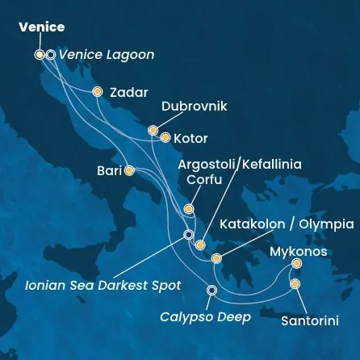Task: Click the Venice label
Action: coord(41,27)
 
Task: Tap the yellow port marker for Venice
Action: coord(40,55)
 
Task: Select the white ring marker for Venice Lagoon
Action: coord(51,55)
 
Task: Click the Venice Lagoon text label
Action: coord(107,55)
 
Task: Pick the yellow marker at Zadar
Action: coord(98,92)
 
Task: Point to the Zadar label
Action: coord(128,92)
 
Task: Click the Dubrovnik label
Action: coord(195,106)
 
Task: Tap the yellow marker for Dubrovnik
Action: coord(153,129)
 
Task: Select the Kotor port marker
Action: coord(165,137)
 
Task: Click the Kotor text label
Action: coord(190,137)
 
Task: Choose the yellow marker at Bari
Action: coord(129,170)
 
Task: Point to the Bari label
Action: coord(109,170)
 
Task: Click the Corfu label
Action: coord(203,180)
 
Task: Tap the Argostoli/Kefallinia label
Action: coord(239,164)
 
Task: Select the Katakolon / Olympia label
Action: coord(287,224)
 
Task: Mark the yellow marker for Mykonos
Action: coord(296,263)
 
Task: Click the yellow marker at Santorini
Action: coord(295,283)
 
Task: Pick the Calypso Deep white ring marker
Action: coord(211,291)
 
